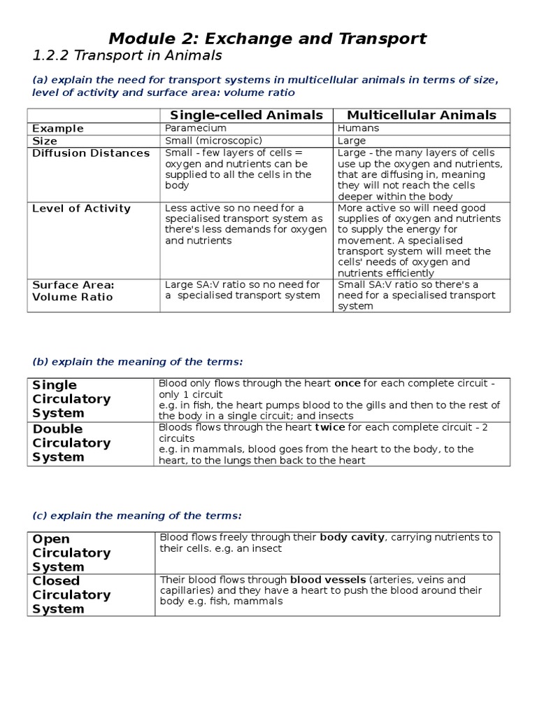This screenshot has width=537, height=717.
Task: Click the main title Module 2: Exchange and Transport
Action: (268, 38)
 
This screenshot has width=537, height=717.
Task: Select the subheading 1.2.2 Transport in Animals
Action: (127, 55)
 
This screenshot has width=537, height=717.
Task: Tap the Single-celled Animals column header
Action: (247, 116)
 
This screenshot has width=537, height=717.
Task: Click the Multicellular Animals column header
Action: (422, 116)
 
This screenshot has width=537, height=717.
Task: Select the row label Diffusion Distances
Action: (91, 153)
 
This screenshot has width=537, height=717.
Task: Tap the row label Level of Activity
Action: (82, 208)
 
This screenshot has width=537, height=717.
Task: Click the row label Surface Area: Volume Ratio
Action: (73, 291)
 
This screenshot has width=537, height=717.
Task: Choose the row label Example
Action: (58, 128)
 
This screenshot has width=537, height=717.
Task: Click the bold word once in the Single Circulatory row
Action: (348, 384)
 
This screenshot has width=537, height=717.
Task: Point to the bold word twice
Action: (330, 426)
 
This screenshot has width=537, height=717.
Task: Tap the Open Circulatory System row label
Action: (71, 552)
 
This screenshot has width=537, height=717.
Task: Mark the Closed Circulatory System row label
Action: (71, 594)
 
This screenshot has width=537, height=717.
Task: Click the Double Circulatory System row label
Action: (71, 443)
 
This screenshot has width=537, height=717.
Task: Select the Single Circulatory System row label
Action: (71, 399)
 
